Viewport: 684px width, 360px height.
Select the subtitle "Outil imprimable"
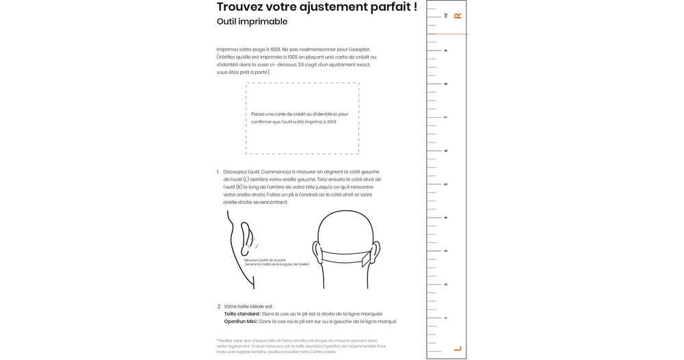[x=252, y=22]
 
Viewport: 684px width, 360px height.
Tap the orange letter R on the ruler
[x=458, y=16]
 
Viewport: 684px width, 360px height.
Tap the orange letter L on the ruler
[x=458, y=349]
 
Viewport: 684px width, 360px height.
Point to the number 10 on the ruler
[x=446, y=16]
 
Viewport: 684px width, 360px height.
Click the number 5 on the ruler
[x=446, y=184]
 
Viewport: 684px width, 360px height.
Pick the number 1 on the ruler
[x=446, y=318]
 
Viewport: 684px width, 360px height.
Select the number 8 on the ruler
[x=446, y=84]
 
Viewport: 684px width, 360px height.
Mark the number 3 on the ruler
[x=446, y=251]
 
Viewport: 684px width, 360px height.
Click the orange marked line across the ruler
[x=447, y=34]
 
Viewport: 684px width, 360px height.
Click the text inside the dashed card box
[x=300, y=118]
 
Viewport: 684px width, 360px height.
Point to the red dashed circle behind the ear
[x=252, y=240]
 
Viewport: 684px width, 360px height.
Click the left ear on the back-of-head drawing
[x=317, y=252]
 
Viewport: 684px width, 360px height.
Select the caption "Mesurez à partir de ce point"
[x=265, y=260]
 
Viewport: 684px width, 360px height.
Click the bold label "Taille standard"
[x=242, y=314]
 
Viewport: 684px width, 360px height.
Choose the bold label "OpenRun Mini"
[x=241, y=322]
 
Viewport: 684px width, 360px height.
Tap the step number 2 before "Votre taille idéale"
[x=219, y=307]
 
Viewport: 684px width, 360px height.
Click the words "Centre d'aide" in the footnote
[x=325, y=352]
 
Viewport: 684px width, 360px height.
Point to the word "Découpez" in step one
[x=235, y=172]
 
